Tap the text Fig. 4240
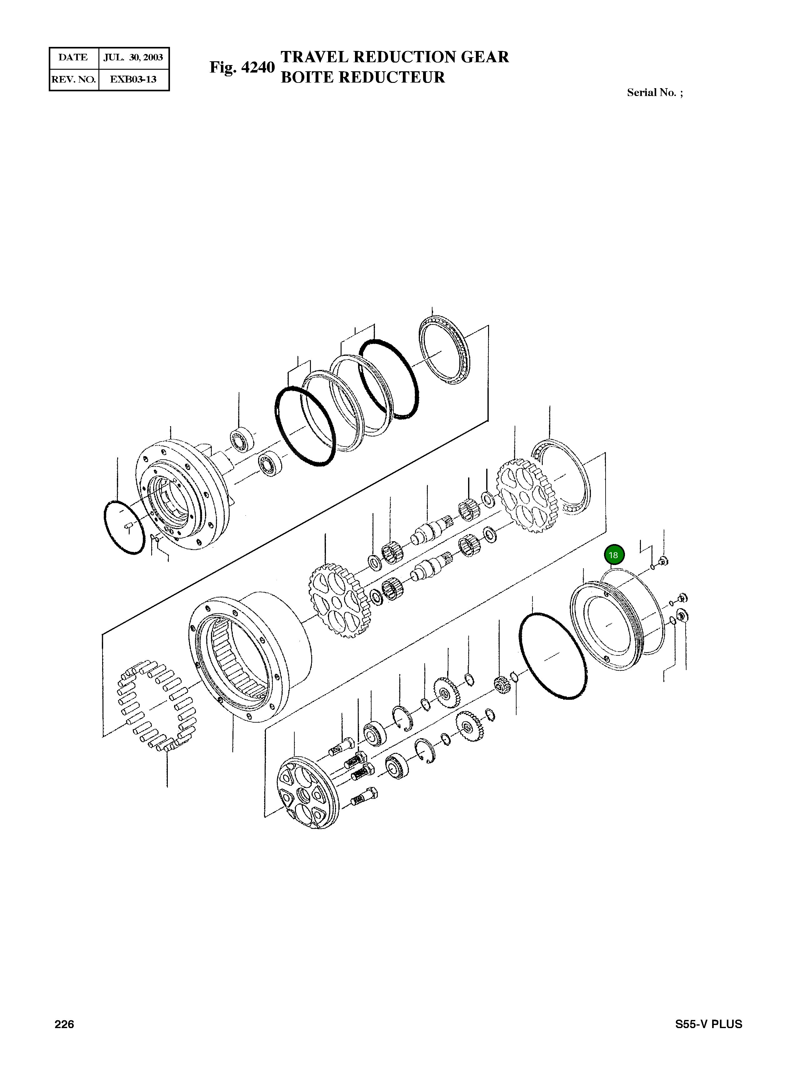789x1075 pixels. pos(242,67)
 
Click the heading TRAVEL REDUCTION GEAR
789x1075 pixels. pos(394,57)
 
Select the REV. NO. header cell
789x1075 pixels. pos(73,79)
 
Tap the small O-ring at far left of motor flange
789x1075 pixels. pos(124,527)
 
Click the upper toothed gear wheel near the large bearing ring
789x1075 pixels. pos(528,497)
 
